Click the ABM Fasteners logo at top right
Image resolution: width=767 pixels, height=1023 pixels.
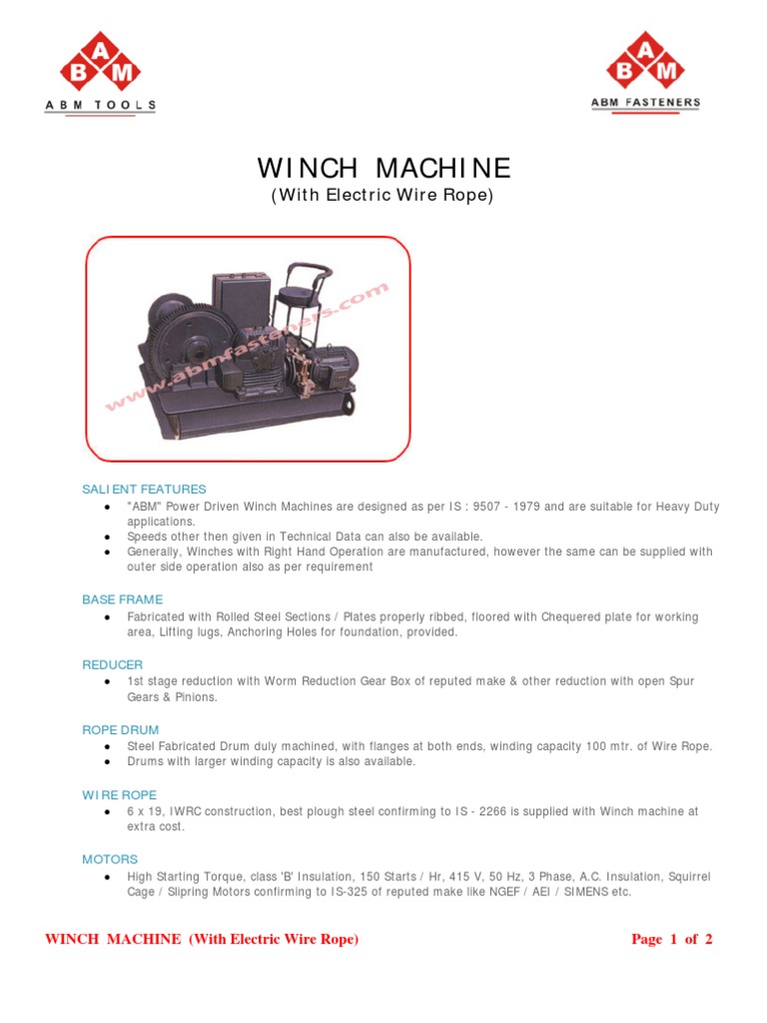(645, 70)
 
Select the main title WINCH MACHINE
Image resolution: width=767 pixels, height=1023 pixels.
(383, 167)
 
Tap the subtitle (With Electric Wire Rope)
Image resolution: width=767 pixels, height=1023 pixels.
(383, 196)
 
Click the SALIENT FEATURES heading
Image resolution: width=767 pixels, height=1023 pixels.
(144, 490)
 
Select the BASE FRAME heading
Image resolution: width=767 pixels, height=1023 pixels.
(122, 599)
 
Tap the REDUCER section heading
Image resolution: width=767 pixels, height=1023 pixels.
(112, 664)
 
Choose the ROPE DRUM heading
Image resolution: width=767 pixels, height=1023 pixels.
(120, 730)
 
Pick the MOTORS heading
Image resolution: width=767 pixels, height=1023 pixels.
(110, 859)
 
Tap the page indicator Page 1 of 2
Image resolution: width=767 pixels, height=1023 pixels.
(672, 939)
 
